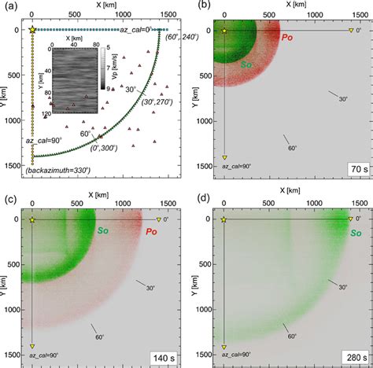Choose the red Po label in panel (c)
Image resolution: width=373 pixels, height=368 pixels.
pyautogui.click(x=147, y=231)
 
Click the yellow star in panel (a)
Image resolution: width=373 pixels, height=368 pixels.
pyautogui.click(x=31, y=30)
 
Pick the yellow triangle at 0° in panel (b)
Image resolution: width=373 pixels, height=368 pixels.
pyautogui.click(x=352, y=31)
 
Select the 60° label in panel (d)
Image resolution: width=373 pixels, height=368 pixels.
pyautogui.click(x=291, y=336)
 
